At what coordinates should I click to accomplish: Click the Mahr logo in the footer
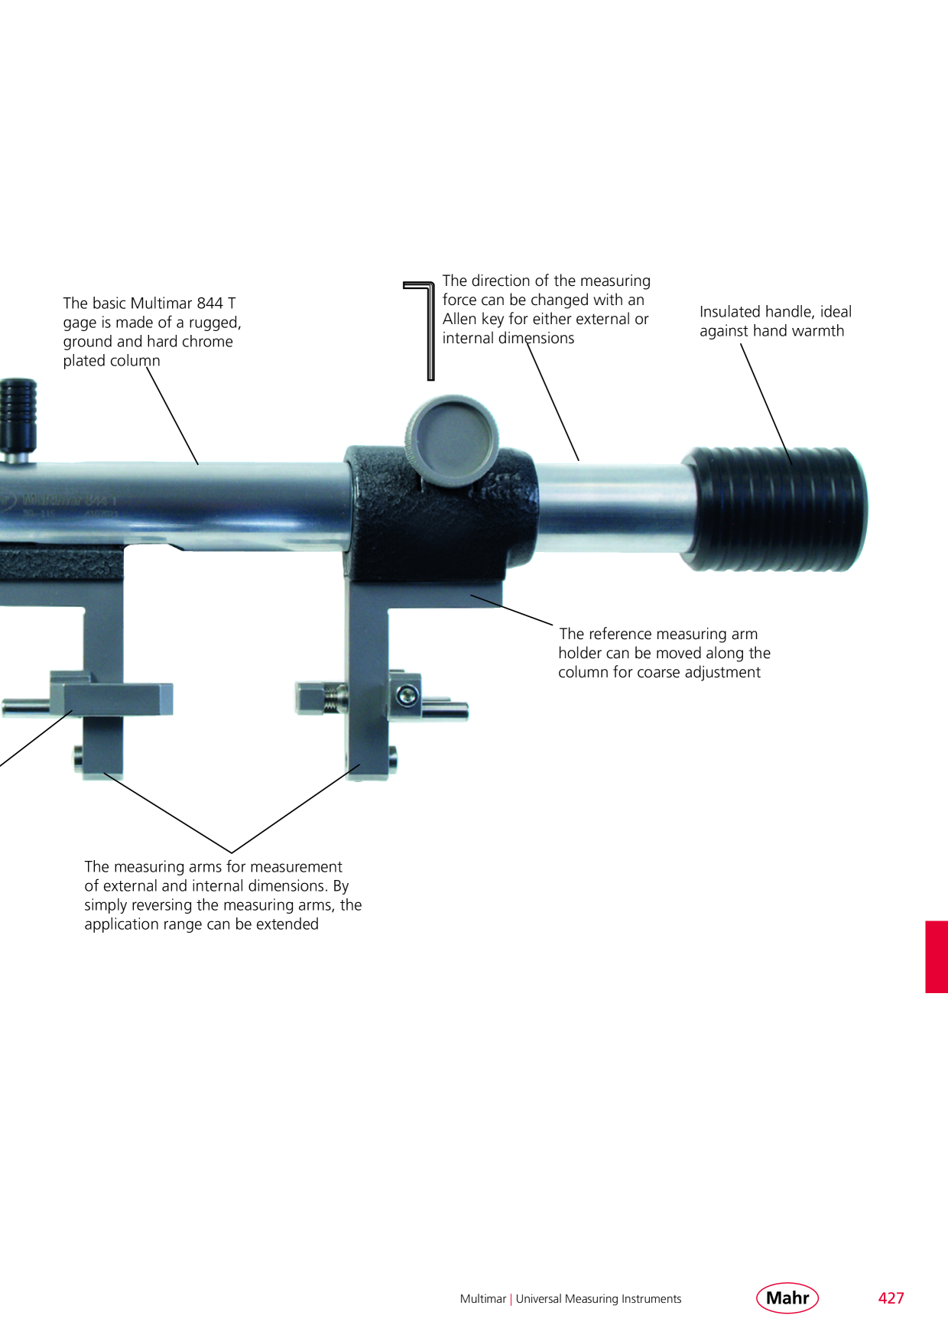point(787,1297)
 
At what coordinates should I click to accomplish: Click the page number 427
point(891,1298)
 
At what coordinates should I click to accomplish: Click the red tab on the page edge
point(937,956)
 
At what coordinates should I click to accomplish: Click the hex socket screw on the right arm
point(407,695)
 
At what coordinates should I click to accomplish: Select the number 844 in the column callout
point(209,304)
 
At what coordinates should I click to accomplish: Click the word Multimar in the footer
point(483,1299)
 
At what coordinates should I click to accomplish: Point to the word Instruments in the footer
point(651,1299)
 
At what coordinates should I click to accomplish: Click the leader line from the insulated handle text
point(766,404)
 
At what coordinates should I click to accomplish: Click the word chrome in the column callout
point(207,342)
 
